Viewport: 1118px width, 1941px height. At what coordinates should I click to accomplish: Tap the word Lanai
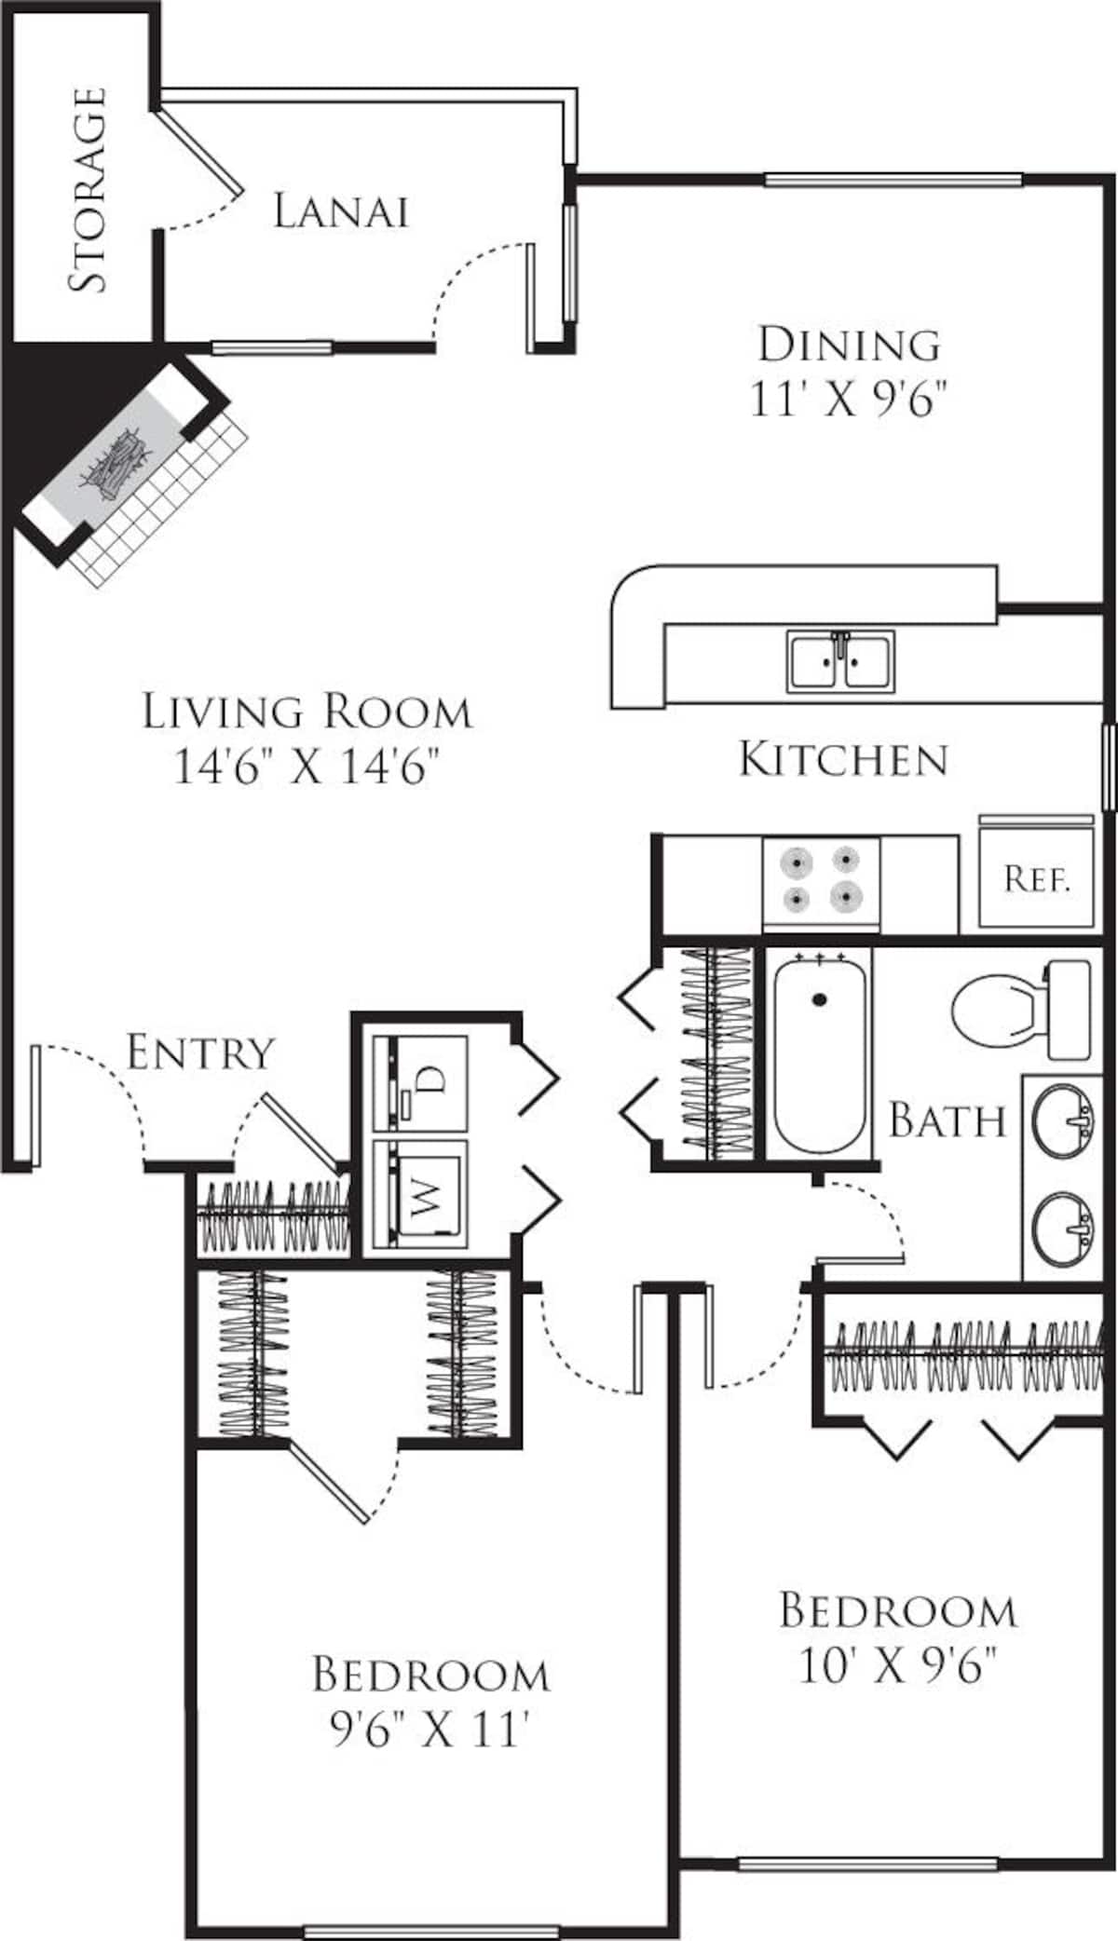(341, 211)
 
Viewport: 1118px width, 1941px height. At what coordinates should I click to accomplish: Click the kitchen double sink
(840, 660)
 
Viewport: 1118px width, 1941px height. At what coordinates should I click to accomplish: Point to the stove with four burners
(821, 880)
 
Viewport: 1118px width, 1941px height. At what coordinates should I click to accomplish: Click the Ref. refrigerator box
(1036, 877)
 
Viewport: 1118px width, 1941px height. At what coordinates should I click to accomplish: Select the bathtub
(820, 1052)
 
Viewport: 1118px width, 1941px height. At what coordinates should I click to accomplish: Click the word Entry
(200, 1053)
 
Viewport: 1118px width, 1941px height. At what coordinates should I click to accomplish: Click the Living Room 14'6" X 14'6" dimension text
(307, 768)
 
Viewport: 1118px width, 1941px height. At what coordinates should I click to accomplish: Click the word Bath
(948, 1120)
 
